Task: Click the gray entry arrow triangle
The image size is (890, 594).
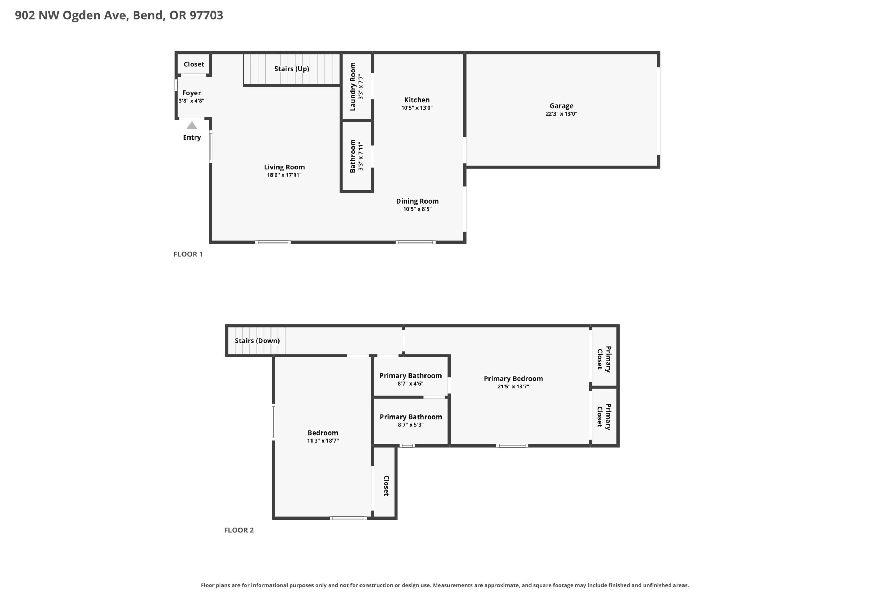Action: click(x=192, y=125)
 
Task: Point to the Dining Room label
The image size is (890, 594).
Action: click(x=418, y=201)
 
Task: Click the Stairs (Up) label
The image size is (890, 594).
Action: click(x=292, y=69)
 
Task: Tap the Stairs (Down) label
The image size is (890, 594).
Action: click(x=257, y=341)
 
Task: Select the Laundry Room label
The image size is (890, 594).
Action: click(x=353, y=87)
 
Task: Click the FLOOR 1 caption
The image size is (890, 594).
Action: click(x=188, y=254)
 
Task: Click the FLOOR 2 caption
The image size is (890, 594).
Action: click(x=239, y=530)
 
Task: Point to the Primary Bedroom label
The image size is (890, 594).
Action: click(x=513, y=379)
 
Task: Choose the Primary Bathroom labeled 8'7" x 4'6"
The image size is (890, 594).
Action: click(x=411, y=375)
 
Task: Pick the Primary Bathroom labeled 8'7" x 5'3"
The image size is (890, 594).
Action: click(x=411, y=417)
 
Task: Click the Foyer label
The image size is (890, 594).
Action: click(x=192, y=93)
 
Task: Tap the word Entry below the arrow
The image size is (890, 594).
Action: click(x=192, y=137)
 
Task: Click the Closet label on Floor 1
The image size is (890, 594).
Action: click(x=194, y=64)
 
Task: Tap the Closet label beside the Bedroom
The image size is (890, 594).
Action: click(x=386, y=486)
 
